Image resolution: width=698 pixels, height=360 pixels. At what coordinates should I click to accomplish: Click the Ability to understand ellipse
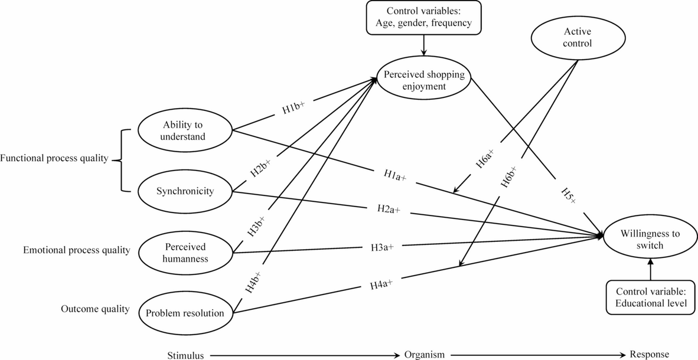pyautogui.click(x=185, y=131)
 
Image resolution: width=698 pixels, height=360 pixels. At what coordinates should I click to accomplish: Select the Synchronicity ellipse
pyautogui.click(x=185, y=192)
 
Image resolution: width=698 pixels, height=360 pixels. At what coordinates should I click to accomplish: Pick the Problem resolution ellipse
pyautogui.click(x=185, y=313)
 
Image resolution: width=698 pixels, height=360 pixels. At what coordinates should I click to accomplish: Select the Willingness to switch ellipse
pyautogui.click(x=650, y=239)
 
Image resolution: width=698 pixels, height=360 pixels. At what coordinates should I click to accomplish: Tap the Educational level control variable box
pyautogui.click(x=650, y=298)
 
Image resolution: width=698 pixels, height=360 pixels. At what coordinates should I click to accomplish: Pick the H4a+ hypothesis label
pyautogui.click(x=381, y=285)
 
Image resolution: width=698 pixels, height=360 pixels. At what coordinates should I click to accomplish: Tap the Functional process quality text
pyautogui.click(x=55, y=159)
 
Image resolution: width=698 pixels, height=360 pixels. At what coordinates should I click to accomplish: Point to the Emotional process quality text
pyautogui.click(x=76, y=251)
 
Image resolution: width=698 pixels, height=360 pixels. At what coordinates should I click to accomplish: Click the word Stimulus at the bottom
pyautogui.click(x=185, y=355)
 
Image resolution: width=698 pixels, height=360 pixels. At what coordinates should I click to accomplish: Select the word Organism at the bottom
pyautogui.click(x=425, y=355)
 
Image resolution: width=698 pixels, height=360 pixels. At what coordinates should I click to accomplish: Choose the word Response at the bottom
pyautogui.click(x=650, y=355)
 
